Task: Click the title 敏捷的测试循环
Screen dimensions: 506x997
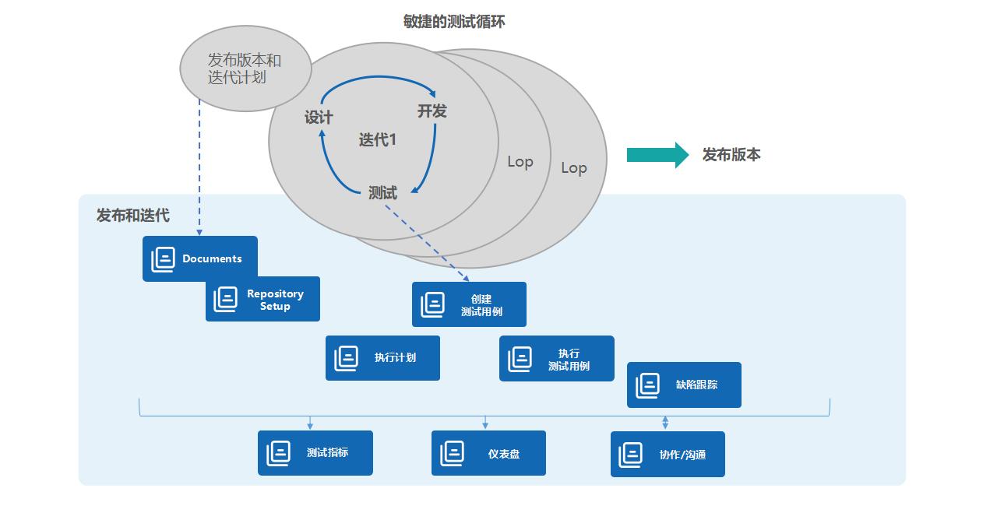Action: pyautogui.click(x=454, y=22)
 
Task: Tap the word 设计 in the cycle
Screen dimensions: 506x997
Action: pyautogui.click(x=319, y=118)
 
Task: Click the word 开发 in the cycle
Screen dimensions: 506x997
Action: pyautogui.click(x=432, y=111)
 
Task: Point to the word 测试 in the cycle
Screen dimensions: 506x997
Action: pyautogui.click(x=382, y=193)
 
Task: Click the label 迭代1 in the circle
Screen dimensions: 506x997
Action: pyautogui.click(x=378, y=140)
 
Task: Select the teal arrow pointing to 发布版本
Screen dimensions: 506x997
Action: pyautogui.click(x=657, y=155)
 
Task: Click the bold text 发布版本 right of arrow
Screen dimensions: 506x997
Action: pyautogui.click(x=731, y=155)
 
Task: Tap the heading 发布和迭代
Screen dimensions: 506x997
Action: pyautogui.click(x=132, y=216)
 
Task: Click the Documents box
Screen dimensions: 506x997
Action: pyautogui.click(x=199, y=258)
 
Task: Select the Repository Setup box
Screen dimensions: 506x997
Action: pyautogui.click(x=262, y=299)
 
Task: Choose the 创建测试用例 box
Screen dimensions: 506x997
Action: pyautogui.click(x=469, y=304)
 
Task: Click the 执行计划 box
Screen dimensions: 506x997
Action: pyautogui.click(x=382, y=358)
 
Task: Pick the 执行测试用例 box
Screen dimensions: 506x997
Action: pyautogui.click(x=556, y=359)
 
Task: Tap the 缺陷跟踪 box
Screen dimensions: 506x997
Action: pyautogui.click(x=684, y=385)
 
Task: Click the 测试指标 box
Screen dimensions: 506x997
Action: pyautogui.click(x=315, y=453)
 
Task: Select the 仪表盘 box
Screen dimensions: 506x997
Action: pyautogui.click(x=488, y=453)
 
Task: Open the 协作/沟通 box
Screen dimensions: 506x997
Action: pyautogui.click(x=668, y=454)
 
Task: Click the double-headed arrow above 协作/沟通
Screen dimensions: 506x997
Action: pyautogui.click(x=665, y=422)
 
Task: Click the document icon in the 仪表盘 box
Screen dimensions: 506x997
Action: pyautogui.click(x=452, y=453)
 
